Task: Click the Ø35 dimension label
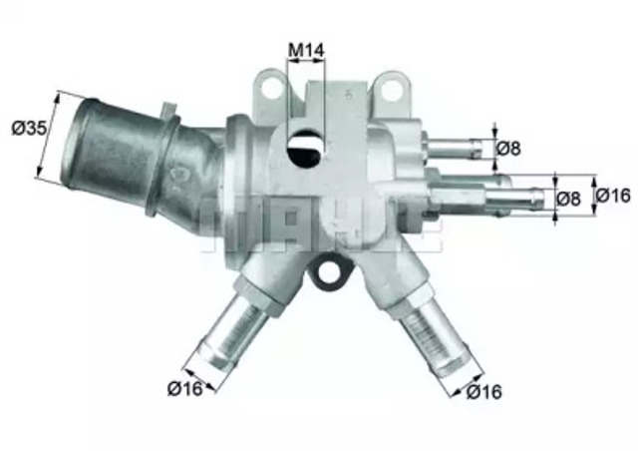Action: point(26,127)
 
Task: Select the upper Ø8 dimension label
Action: point(509,148)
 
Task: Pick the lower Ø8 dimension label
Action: point(567,198)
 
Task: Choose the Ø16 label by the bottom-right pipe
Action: point(483,393)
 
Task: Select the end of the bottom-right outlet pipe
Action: point(449,356)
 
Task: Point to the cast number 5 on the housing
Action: point(349,94)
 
